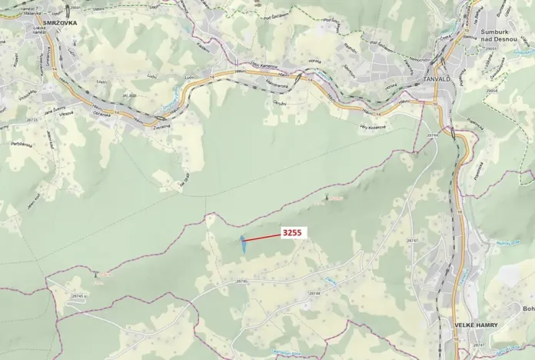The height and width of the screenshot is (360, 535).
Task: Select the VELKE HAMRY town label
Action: coord(476,325)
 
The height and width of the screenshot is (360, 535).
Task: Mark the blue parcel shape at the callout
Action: coord(243,245)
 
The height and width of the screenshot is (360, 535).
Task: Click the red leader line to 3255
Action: coord(262,238)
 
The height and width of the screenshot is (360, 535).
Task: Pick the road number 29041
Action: coord(74,7)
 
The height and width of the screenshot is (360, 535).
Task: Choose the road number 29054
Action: coord(492,90)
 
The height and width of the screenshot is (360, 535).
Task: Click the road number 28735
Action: coord(32,120)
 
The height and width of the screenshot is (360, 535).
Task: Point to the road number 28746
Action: coord(242,282)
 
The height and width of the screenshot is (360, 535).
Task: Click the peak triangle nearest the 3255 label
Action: coord(327,198)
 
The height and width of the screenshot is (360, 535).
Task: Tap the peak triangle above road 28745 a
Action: coord(96,273)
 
